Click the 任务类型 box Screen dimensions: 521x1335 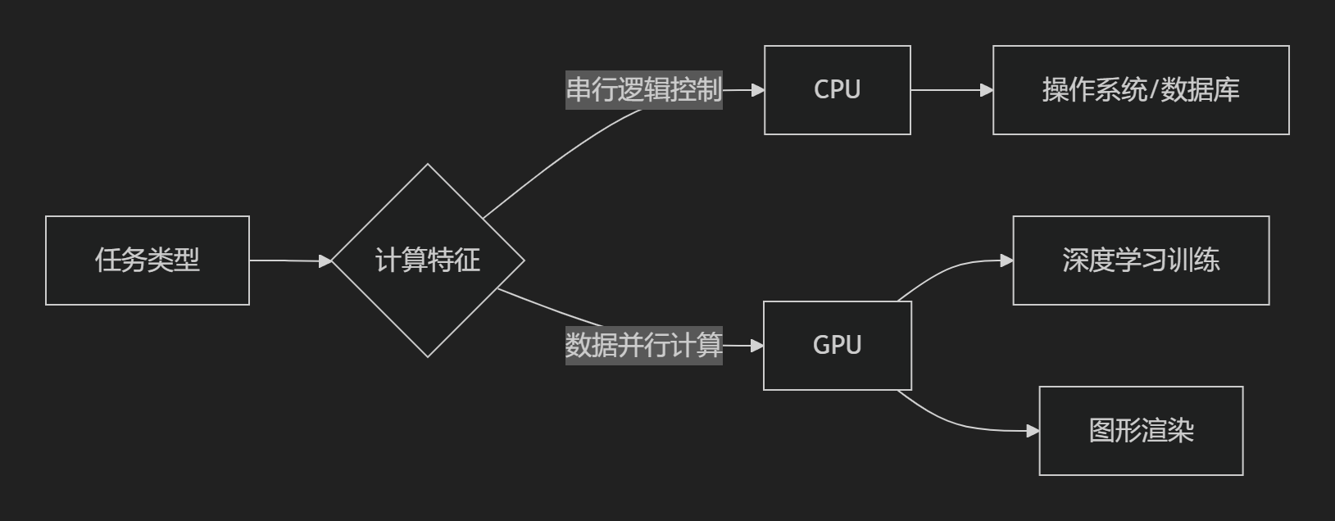148,260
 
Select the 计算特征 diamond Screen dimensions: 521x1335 427,260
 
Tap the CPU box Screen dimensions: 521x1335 837,90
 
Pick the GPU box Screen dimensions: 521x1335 837,346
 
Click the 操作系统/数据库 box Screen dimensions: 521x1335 1141,90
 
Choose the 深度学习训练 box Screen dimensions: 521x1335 1141,260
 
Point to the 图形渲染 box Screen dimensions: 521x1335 1141,431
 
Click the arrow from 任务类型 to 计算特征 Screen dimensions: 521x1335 287,260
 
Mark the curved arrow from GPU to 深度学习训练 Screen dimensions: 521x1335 951,270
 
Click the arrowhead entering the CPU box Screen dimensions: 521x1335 758,90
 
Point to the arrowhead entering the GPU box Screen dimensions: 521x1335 757,346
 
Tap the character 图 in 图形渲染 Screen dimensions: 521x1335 1101,431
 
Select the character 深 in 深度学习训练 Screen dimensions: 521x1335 1075,260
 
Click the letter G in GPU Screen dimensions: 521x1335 822,346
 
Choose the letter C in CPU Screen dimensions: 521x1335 822,90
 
